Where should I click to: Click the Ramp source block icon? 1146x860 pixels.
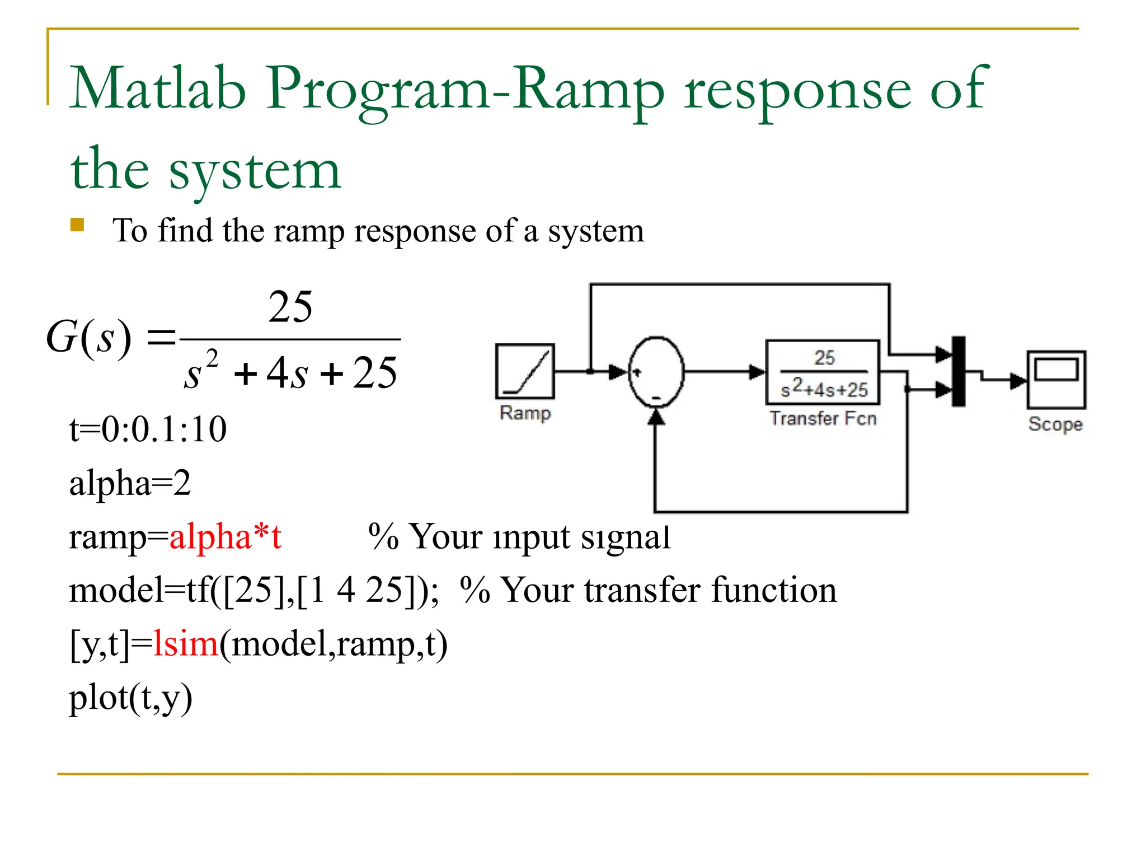(x=525, y=371)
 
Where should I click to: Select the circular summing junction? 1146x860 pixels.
(x=656, y=371)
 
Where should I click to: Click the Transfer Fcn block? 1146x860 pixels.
(x=823, y=372)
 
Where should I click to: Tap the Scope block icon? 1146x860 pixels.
(x=1056, y=380)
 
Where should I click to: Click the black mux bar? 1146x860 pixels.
(x=959, y=371)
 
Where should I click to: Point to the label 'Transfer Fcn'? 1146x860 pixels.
(x=823, y=418)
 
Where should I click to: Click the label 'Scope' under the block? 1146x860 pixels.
(x=1055, y=424)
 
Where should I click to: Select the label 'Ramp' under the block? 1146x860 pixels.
(x=525, y=413)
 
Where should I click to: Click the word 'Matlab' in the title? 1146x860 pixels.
(x=158, y=88)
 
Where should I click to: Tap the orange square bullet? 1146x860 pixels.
(x=77, y=225)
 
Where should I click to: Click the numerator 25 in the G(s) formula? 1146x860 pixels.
(x=290, y=307)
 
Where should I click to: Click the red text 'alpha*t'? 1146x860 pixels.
(x=225, y=536)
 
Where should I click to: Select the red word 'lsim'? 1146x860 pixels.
(x=185, y=643)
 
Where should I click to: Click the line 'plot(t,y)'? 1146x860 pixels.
(x=130, y=698)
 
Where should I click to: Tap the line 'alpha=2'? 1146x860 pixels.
(x=130, y=483)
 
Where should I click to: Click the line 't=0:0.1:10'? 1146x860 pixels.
(x=148, y=429)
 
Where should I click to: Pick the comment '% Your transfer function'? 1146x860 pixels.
(x=648, y=590)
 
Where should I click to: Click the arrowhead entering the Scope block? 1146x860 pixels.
(x=1018, y=381)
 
